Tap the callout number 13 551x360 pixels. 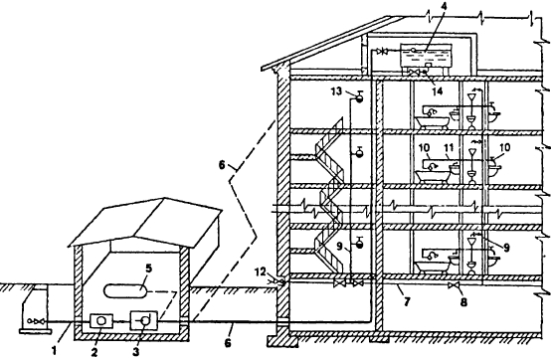(336, 91)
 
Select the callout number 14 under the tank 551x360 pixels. (438, 90)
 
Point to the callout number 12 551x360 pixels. (262, 271)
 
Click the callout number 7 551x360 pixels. (407, 301)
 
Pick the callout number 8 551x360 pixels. (463, 301)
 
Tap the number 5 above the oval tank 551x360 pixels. (148, 269)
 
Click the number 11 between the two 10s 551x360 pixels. (449, 147)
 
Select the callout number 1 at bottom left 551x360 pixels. (54, 350)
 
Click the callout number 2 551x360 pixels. (93, 352)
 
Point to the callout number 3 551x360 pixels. (136, 352)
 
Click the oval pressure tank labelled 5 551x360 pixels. (125, 290)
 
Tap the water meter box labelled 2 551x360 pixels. (101, 321)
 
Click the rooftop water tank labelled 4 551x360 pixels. (426, 57)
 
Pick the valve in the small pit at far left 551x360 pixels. (36, 320)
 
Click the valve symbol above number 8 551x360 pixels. (453, 285)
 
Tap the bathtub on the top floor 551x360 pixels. (433, 122)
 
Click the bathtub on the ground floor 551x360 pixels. (433, 267)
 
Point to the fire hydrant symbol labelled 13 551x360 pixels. (359, 96)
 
